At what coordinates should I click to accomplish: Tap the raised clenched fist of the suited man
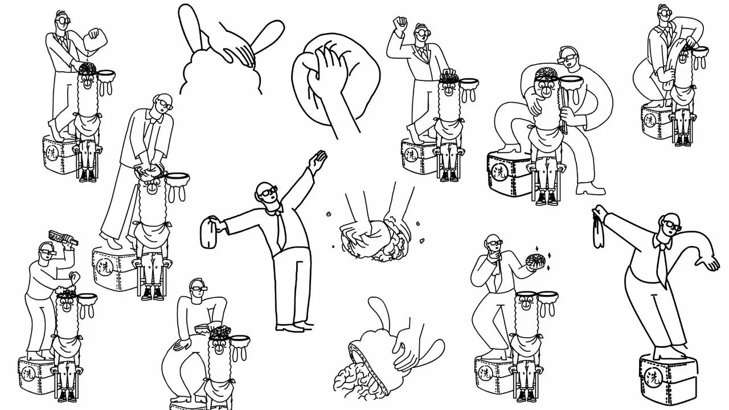pyautogui.click(x=400, y=23)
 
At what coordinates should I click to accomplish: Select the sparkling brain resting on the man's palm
pyautogui.click(x=534, y=261)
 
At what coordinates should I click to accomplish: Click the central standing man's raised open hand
pyautogui.click(x=318, y=161)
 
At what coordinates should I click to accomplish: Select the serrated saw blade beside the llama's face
pyautogui.click(x=562, y=108)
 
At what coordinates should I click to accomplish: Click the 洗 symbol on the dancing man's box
pyautogui.click(x=653, y=378)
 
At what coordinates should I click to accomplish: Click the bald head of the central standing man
pyautogui.click(x=263, y=188)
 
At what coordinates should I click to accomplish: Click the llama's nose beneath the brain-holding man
pyautogui.click(x=525, y=306)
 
